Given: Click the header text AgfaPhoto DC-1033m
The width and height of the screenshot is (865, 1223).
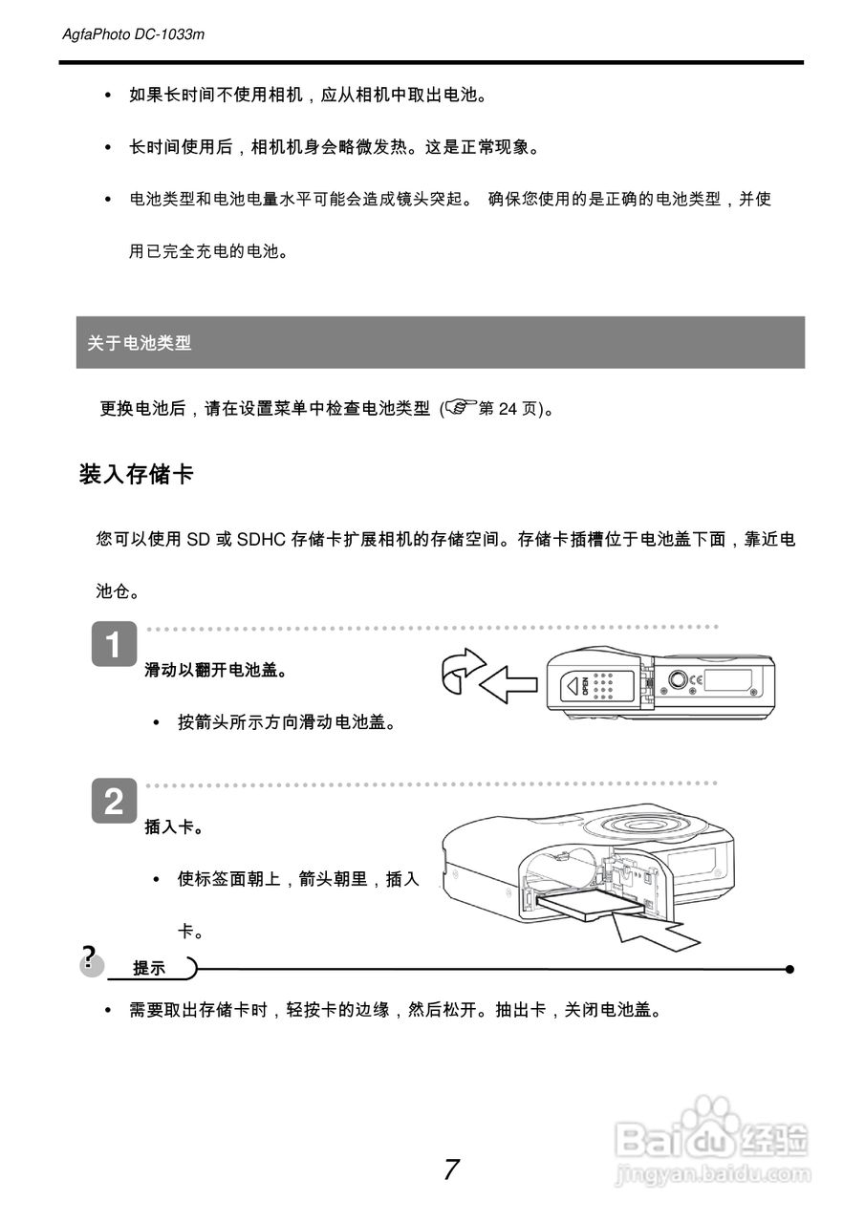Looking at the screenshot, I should [133, 35].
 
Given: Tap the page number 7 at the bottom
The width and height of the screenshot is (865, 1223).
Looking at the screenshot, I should [451, 1169].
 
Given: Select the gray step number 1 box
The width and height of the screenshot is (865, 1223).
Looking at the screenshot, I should [114, 646].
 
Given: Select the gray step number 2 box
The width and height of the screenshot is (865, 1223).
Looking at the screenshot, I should [114, 802].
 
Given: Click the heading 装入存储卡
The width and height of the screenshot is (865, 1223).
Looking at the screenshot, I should [137, 473].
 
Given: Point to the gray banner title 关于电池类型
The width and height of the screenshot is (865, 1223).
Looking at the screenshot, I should [140, 343].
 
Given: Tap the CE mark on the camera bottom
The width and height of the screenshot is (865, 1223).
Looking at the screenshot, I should [697, 679].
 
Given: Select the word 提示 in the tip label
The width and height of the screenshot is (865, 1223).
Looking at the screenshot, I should [149, 969].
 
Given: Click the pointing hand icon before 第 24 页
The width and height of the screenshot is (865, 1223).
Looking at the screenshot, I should [459, 409].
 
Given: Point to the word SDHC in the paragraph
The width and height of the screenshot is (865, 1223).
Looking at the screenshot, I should [262, 540].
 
